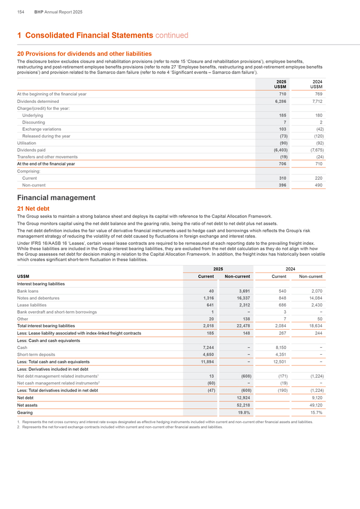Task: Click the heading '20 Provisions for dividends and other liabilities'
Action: (x=84, y=54)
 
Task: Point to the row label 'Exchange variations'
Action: (x=41, y=129)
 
